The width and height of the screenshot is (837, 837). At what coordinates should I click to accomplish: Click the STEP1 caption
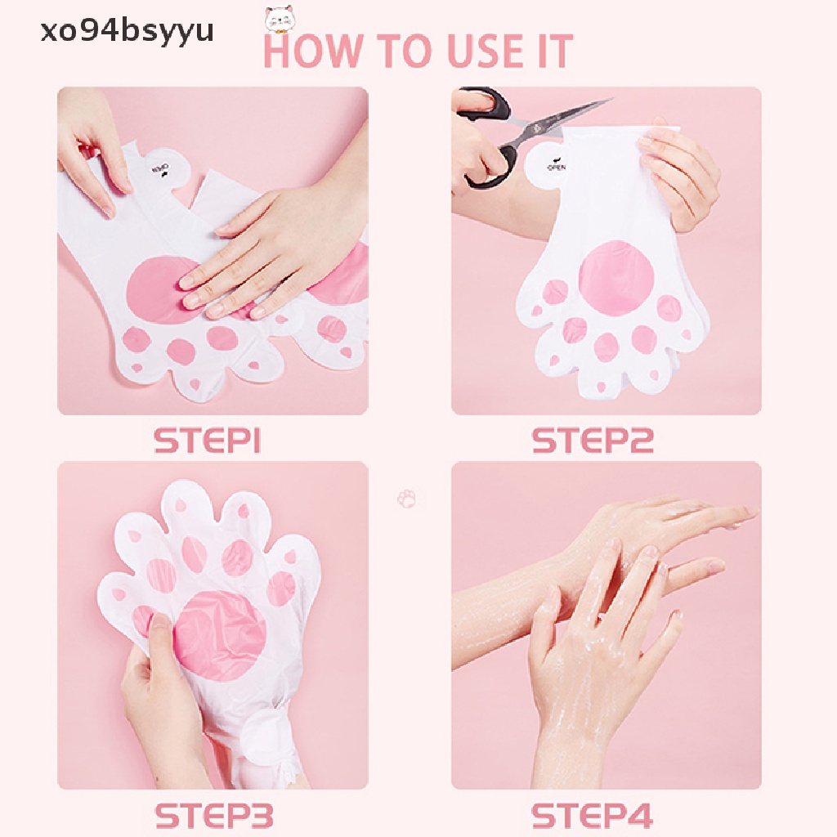click(x=207, y=441)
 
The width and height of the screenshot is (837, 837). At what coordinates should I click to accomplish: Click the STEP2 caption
click(x=593, y=441)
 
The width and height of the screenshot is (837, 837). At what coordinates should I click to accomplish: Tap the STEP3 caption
click(x=213, y=815)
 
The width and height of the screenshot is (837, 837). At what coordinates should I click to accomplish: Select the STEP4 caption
click(x=593, y=815)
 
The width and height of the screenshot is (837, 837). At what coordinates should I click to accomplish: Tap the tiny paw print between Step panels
click(x=406, y=498)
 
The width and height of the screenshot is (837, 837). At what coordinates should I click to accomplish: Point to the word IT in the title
click(x=549, y=51)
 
